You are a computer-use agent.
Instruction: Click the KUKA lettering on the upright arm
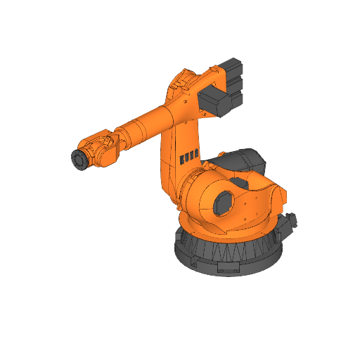188,156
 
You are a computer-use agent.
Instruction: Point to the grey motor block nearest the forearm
217,101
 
